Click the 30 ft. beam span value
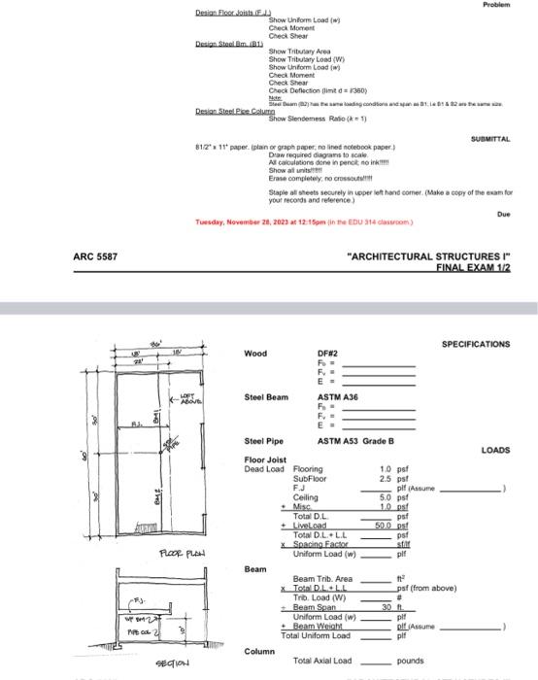[x=390, y=607]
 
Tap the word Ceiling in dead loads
[x=306, y=497]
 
